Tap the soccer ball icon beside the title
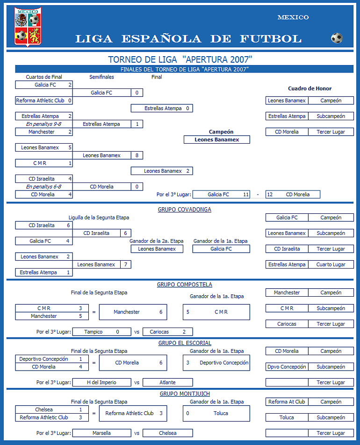point(336,38)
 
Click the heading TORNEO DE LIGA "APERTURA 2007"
point(180,59)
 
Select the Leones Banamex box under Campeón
point(216,139)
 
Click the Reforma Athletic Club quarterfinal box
point(44,101)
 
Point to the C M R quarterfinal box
point(44,163)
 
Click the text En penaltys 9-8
point(44,124)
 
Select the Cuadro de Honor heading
point(310,88)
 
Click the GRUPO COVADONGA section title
point(184,210)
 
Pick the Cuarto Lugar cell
point(331,265)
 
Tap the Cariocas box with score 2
point(167,332)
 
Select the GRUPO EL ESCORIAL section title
point(184,343)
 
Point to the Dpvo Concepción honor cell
point(287,367)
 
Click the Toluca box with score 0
point(216,414)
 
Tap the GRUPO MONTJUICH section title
point(184,394)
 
